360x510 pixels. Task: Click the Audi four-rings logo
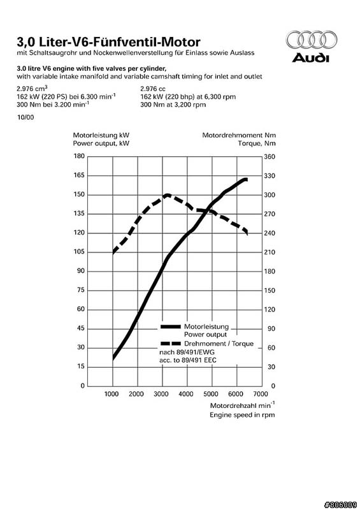(311, 40)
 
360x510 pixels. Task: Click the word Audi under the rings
(310, 58)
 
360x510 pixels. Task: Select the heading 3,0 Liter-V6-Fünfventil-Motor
(108, 41)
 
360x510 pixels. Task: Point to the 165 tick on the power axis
(79, 175)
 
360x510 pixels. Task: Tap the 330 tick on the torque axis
(270, 176)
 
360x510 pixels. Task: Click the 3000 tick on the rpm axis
(161, 394)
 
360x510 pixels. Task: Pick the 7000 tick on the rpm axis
(261, 394)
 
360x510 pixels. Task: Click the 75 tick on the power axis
(80, 290)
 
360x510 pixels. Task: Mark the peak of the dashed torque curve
(167, 195)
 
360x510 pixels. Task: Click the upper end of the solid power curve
(247, 180)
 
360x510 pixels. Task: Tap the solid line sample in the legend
(170, 326)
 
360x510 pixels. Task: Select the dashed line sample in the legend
(170, 344)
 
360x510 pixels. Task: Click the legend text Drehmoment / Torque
(219, 344)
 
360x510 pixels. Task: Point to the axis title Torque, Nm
(257, 143)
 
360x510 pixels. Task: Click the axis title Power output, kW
(101, 143)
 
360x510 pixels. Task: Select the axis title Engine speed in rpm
(242, 415)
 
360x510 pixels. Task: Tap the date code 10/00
(25, 117)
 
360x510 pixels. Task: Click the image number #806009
(340, 505)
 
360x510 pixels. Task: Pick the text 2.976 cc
(153, 89)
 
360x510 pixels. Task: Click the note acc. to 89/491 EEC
(187, 360)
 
